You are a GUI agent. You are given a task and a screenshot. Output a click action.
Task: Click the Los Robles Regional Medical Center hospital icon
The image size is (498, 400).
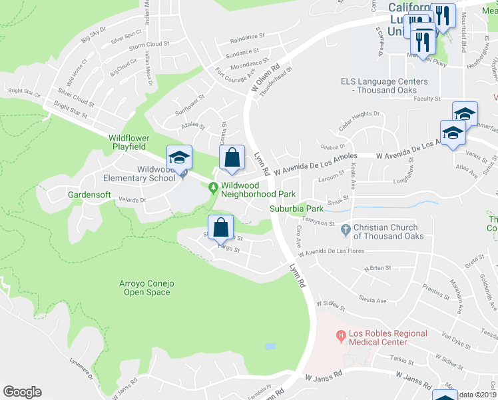tap(341, 335)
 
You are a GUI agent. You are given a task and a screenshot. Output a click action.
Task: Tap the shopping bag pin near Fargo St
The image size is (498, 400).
tap(220, 228)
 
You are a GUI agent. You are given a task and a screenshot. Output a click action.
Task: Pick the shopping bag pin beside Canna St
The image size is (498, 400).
tap(232, 159)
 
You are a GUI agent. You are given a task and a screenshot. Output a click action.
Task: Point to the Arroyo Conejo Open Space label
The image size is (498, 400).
tap(146, 288)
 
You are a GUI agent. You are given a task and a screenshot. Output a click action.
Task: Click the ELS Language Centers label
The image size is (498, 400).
tap(378, 85)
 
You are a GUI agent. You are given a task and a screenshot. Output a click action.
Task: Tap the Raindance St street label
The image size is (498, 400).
tap(248, 39)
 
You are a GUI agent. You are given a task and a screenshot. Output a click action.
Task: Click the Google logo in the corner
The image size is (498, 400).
tap(22, 392)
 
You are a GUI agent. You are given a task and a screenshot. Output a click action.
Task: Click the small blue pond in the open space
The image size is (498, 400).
tap(270, 347)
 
